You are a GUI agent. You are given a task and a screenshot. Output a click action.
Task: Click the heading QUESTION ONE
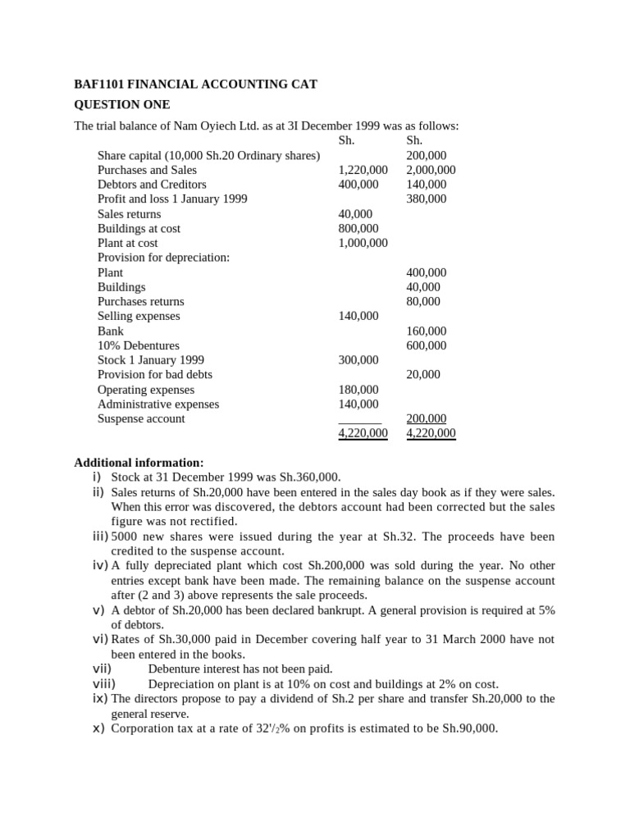tap(122, 104)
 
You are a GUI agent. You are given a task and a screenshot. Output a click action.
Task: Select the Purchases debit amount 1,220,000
tap(363, 170)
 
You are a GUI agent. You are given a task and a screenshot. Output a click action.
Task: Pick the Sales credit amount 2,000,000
tap(431, 170)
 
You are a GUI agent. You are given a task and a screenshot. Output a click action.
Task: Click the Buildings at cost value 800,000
tap(358, 229)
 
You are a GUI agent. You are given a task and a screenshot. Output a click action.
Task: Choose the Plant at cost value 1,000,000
tap(363, 243)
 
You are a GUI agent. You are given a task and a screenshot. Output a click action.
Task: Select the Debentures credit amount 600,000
tap(427, 345)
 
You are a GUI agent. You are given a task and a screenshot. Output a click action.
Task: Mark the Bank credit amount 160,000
tap(427, 331)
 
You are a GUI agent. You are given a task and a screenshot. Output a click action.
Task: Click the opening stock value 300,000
tap(358, 360)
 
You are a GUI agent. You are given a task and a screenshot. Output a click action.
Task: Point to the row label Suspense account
tap(141, 418)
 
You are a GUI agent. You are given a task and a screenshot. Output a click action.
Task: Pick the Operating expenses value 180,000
tap(358, 390)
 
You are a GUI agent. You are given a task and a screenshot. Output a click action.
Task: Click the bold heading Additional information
tap(139, 463)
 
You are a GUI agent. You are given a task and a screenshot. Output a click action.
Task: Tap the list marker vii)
tap(103, 669)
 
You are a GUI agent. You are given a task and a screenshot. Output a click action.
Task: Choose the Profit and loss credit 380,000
tap(427, 199)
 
